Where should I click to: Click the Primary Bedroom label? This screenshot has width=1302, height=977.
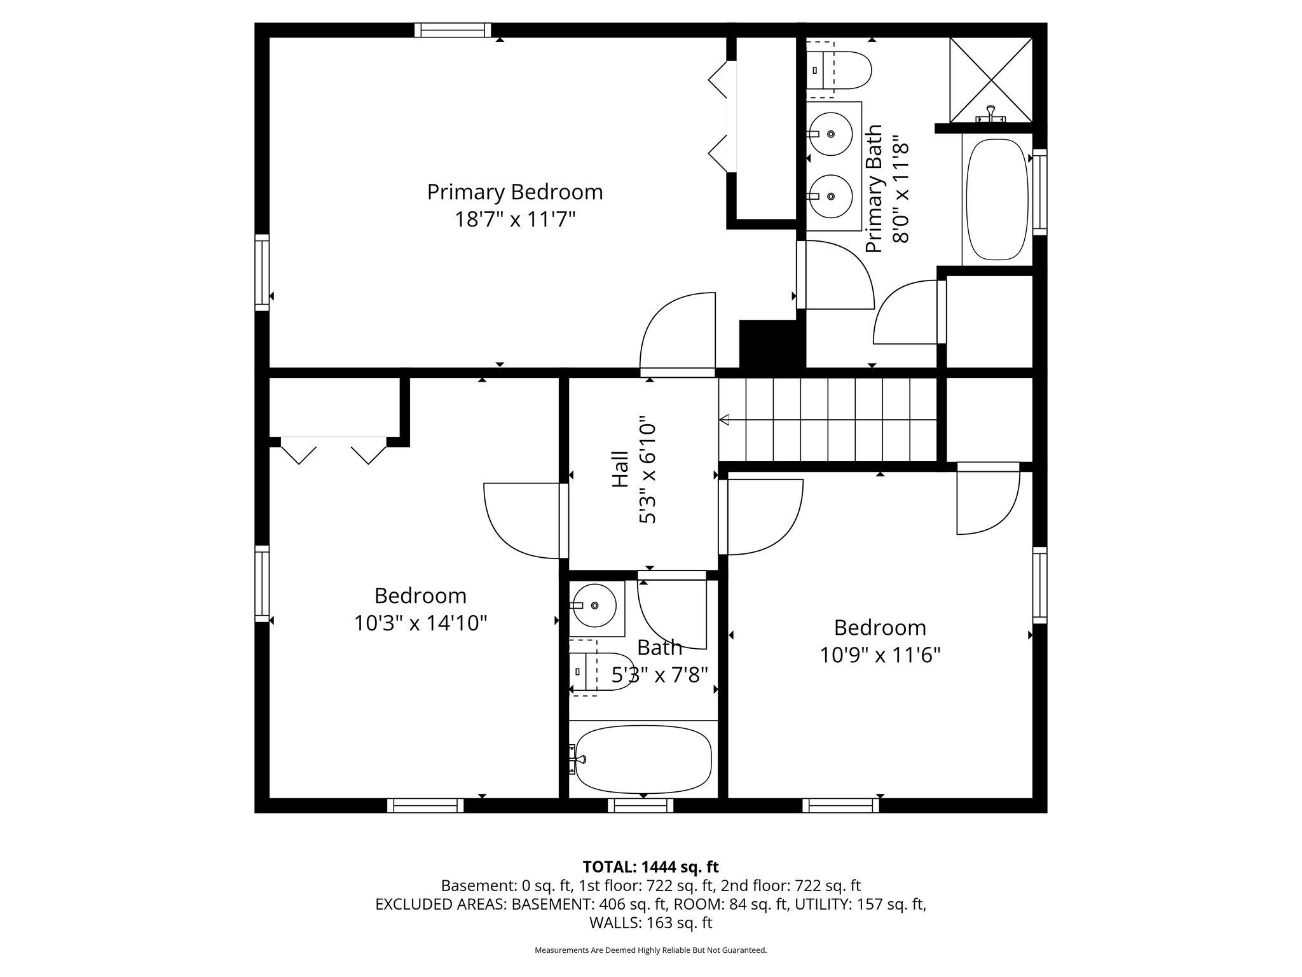(x=514, y=191)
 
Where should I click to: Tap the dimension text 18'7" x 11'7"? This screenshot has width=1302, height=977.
(x=514, y=219)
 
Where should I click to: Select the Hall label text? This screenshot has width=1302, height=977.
(x=620, y=469)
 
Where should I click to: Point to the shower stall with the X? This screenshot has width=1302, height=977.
(x=990, y=80)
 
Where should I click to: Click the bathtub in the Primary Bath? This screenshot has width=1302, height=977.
(x=997, y=199)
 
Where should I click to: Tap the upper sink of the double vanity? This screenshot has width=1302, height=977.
(x=830, y=134)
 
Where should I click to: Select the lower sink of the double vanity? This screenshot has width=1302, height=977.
(x=830, y=197)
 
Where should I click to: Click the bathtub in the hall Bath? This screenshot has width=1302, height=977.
(x=643, y=759)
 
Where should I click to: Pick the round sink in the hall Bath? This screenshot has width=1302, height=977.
(x=593, y=606)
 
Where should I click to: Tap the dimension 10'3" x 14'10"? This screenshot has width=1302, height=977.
(x=420, y=623)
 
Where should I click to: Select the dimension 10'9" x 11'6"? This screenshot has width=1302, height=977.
(x=880, y=655)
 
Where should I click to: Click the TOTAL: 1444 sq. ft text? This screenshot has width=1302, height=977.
(x=650, y=866)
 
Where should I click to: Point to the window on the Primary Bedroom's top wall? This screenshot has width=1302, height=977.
(x=453, y=30)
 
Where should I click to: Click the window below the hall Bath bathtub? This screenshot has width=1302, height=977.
(x=640, y=805)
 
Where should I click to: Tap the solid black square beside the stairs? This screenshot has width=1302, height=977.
(x=769, y=344)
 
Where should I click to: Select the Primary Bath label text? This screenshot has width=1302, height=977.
(x=874, y=188)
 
